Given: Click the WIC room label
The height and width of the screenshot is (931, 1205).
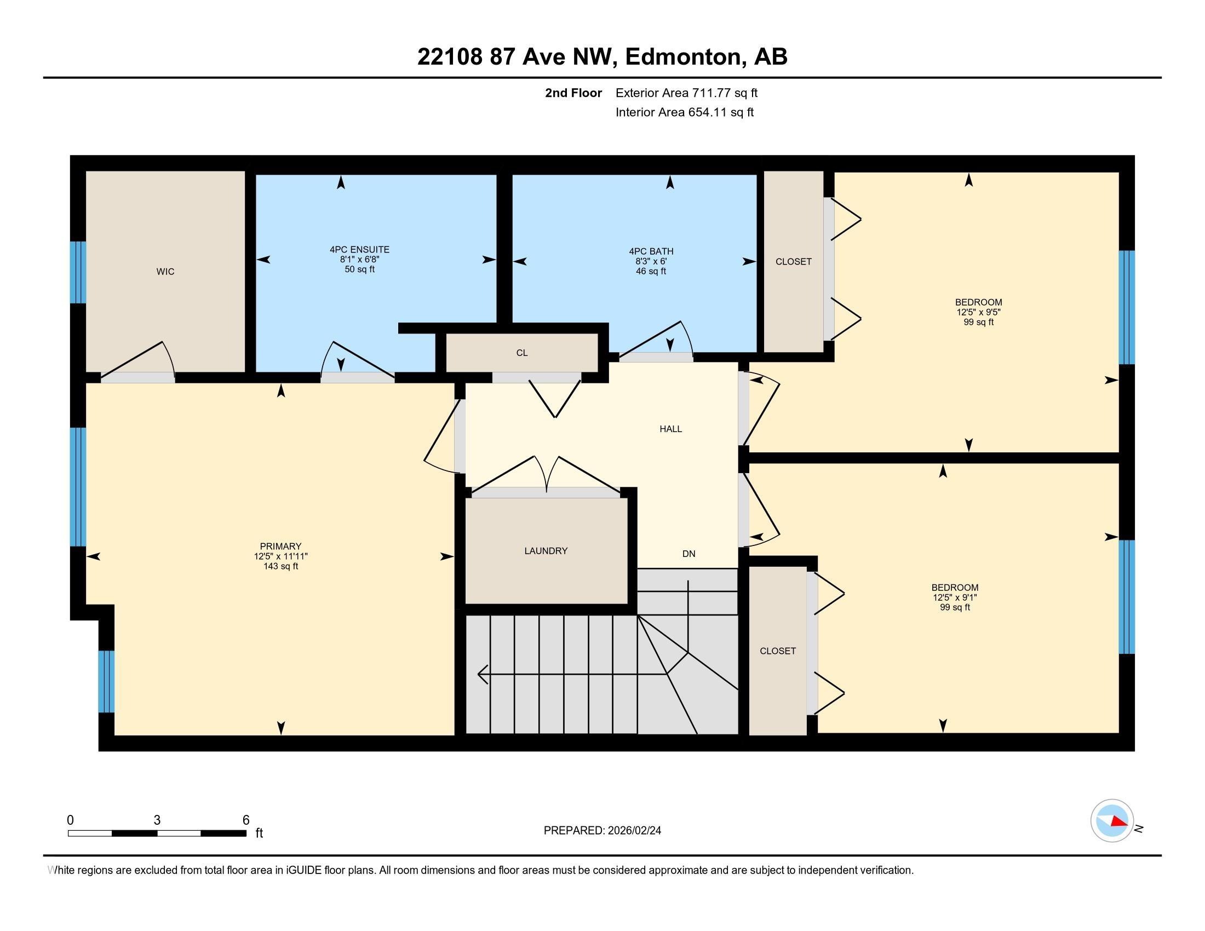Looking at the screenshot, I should coord(165,271).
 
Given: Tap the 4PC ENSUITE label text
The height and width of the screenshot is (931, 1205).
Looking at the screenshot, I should coord(359,250).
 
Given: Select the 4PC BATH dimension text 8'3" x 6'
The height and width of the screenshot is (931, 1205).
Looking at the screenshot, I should coord(651,261).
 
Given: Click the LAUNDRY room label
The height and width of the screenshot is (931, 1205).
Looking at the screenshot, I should coord(546,550).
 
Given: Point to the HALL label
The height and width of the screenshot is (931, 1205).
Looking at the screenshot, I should coord(670,429).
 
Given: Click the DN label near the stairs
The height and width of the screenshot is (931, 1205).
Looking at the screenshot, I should coord(688,554).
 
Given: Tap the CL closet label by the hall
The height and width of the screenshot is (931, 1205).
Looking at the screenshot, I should coord(521,353).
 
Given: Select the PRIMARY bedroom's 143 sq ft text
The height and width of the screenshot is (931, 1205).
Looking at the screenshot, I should coord(281,566).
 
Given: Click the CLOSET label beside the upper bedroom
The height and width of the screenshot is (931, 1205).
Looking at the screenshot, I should coord(793,261).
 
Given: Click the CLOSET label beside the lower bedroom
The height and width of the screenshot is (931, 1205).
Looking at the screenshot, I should coord(777,651).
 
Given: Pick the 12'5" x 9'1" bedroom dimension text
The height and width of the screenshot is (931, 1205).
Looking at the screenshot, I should coord(955,597).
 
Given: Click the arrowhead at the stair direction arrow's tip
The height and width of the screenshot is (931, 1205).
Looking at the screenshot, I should coord(481,674).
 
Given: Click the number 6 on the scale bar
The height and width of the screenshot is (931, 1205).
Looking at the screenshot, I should coord(246,820).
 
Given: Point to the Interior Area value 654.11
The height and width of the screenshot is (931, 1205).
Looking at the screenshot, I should coord(707,112).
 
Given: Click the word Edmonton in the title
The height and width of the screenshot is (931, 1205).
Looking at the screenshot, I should coord(682,57).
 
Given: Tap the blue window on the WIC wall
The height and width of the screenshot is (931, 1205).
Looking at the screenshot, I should coord(78,272).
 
